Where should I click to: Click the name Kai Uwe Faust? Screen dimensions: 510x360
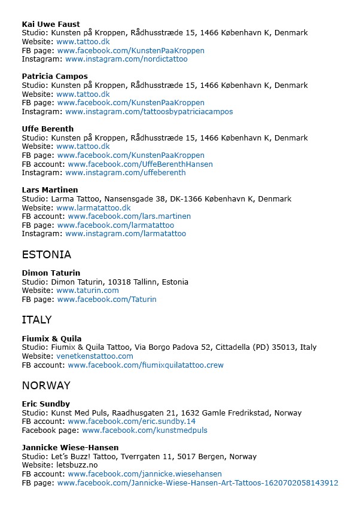[x=51, y=25]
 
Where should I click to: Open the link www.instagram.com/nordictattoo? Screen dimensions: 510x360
[x=126, y=59]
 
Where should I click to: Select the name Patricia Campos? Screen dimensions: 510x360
[x=54, y=77]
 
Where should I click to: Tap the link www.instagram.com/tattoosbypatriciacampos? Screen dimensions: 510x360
[x=149, y=111]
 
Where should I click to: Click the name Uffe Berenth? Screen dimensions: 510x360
[x=48, y=129]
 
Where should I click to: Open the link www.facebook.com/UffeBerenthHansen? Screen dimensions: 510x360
[x=140, y=164]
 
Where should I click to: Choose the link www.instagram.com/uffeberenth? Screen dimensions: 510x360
[x=126, y=173]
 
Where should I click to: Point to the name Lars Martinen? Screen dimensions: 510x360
[x=50, y=190]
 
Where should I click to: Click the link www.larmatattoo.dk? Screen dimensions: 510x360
[x=93, y=207]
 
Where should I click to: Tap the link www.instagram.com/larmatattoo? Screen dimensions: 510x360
[x=126, y=234]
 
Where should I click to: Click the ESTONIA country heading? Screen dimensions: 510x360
[x=47, y=255]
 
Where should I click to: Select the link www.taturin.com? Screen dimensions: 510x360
[x=87, y=291]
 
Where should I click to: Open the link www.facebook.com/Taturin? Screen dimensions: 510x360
[x=106, y=299]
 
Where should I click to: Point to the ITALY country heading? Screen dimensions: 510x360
[x=36, y=320]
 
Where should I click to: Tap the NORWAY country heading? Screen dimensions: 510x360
[x=46, y=386]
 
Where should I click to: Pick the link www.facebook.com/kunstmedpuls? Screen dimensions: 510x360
[x=145, y=430]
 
